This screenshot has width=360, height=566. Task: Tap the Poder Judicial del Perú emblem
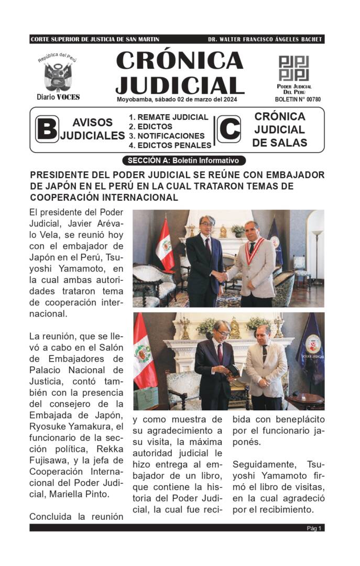pos(293,68)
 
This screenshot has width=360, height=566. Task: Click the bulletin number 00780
pos(298,99)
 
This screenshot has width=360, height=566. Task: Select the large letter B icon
pos(47,129)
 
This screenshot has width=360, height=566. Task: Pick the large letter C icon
pos(229,129)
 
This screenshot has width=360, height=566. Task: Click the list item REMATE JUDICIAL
pos(169,117)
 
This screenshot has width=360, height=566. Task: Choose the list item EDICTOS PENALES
pos(170,145)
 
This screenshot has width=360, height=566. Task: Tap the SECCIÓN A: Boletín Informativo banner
pos(183,160)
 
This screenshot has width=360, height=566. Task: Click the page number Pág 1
pos(314,528)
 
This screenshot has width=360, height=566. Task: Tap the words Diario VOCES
pos(58,97)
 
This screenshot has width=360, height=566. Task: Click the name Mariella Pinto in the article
pos(84,494)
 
